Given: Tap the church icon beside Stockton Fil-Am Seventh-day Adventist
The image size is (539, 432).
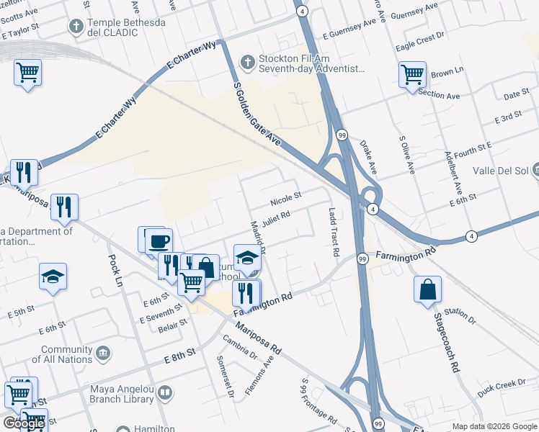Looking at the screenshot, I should click(246, 61).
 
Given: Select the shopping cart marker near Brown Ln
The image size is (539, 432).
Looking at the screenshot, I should click(413, 74).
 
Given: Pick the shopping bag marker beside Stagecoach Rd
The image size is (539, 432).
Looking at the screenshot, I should click(428, 289).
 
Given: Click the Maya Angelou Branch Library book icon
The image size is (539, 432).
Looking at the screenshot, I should click(165, 392).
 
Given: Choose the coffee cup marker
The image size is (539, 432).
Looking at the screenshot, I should click(159, 241).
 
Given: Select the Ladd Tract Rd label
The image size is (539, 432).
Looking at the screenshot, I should click(333, 233).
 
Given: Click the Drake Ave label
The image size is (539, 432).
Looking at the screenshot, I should click(369, 158).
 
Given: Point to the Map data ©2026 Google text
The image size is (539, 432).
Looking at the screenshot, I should click(494, 426).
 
